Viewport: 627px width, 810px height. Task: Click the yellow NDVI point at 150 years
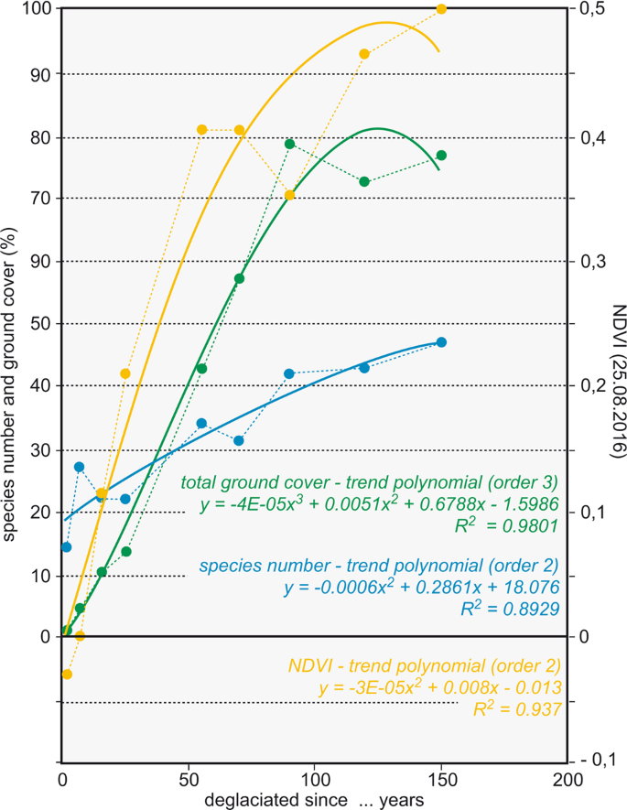(x=441, y=9)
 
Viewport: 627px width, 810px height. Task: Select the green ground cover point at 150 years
(x=441, y=156)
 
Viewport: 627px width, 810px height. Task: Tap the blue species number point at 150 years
(x=441, y=342)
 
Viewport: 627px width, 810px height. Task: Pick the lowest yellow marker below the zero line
(x=66, y=675)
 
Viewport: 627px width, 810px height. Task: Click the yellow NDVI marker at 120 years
(x=364, y=54)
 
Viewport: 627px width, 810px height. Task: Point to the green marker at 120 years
(x=364, y=182)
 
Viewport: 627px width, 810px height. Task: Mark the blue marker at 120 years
(x=364, y=368)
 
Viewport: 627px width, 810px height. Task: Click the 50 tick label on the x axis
(x=189, y=780)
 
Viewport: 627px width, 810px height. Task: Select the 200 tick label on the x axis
(x=567, y=780)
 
